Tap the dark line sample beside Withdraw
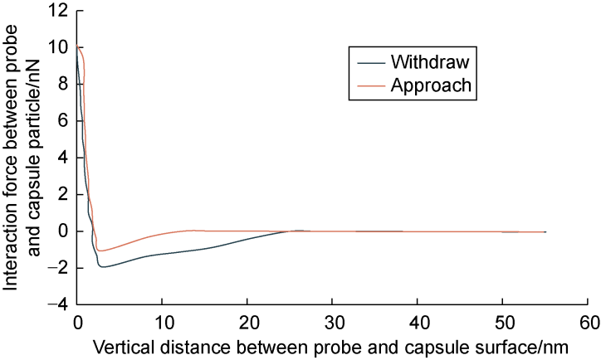click(366, 63)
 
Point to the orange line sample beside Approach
click(366, 85)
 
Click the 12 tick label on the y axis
click(57, 11)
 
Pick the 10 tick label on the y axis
click(57, 47)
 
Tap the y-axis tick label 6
click(61, 121)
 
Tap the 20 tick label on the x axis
click(247, 321)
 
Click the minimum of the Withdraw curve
click(102, 267)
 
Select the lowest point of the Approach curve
click(100, 251)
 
